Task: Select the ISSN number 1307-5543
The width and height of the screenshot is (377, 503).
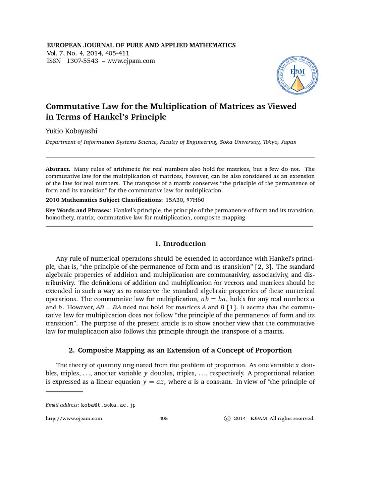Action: pos(80,61)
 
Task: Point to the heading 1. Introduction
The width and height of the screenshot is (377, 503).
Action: pos(180,244)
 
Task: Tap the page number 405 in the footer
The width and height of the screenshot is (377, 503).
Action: pos(164,419)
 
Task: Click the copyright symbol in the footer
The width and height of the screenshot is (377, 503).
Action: pos(226,419)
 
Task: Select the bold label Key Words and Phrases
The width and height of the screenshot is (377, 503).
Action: pos(78,210)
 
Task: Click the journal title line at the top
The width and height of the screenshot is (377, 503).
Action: pos(140,45)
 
